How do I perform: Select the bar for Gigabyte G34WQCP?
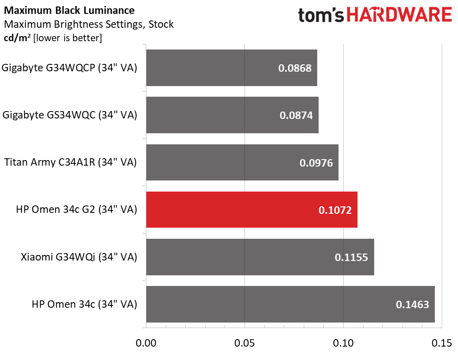tap(232, 68)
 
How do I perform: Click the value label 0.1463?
tap(412, 304)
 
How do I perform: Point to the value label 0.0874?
tap(296, 115)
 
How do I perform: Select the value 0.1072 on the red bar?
tap(335, 210)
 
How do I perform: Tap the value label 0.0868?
tap(295, 68)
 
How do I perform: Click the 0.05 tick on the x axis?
tap(245, 344)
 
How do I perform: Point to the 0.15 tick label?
tap(441, 344)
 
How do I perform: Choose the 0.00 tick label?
tap(146, 344)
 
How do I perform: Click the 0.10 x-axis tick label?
tap(343, 344)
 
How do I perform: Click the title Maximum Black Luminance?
tap(69, 10)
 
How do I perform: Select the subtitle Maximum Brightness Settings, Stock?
tap(88, 24)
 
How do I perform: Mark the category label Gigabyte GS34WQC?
tap(69, 115)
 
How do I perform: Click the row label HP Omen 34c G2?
tap(76, 210)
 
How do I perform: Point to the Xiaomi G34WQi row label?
tap(79, 257)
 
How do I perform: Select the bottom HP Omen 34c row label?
tap(84, 304)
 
